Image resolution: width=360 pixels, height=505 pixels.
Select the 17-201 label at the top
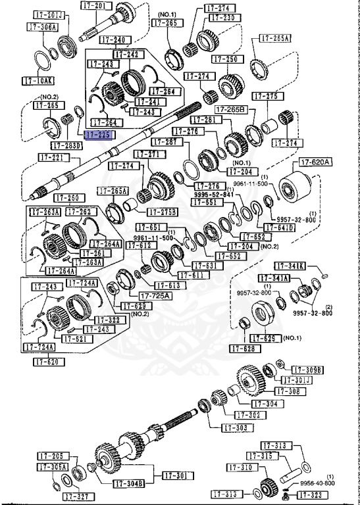95,5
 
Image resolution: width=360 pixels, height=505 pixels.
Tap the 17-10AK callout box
36,81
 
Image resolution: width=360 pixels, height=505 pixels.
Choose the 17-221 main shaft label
52,158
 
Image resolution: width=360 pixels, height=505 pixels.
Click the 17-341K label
290,266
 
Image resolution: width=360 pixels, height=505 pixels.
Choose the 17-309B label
307,370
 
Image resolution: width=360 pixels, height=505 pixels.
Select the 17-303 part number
236,428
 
